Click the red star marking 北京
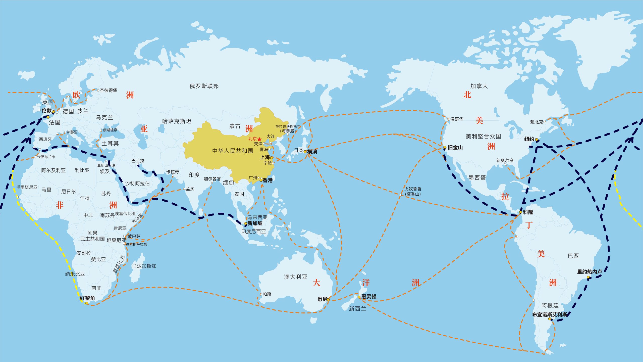[259, 139]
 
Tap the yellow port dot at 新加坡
[246, 223]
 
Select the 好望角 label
[87, 298]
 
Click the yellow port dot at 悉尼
[328, 299]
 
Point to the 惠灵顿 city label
[369, 297]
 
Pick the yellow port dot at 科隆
[520, 212]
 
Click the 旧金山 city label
[455, 148]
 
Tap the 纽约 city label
[529, 139]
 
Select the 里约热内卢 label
[589, 272]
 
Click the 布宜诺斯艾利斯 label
[550, 314]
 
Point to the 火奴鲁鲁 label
[413, 189]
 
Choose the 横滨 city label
[312, 152]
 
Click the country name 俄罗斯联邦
[204, 86]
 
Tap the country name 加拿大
[479, 86]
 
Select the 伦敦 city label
[46, 110]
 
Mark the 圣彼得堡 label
[109, 90]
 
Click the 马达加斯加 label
[144, 266]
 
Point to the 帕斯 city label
[267, 294]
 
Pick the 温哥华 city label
[457, 119]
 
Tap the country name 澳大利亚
[296, 277]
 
